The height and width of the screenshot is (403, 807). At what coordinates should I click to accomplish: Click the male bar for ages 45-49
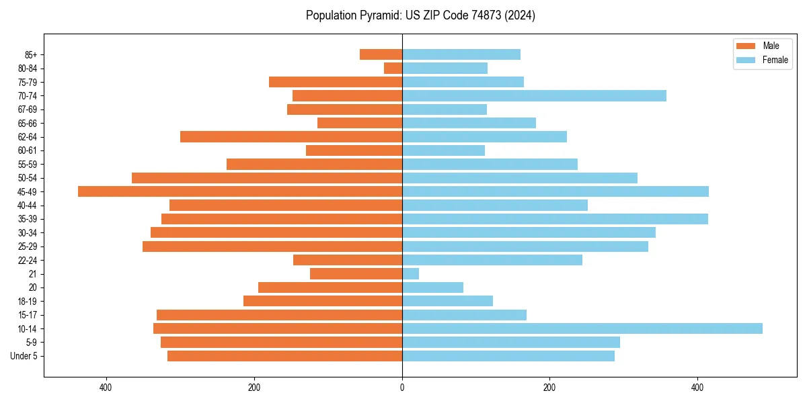(x=240, y=191)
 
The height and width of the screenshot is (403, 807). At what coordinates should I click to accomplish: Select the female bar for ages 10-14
(x=582, y=328)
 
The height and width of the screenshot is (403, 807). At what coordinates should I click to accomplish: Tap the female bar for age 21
(x=410, y=274)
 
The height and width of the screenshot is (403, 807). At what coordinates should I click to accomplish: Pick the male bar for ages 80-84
(x=393, y=69)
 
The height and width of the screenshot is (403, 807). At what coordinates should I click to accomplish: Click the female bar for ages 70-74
(x=534, y=96)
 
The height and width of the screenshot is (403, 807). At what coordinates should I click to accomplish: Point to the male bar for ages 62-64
(x=291, y=137)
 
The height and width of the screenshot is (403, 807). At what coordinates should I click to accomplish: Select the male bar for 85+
(x=381, y=54)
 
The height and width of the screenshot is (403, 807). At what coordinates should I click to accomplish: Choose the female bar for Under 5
(x=508, y=356)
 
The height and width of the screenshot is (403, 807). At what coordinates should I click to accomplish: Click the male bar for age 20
(x=330, y=287)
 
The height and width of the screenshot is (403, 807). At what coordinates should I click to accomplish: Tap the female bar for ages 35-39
(x=555, y=219)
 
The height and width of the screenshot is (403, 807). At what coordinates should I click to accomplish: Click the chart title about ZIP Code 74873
(x=420, y=15)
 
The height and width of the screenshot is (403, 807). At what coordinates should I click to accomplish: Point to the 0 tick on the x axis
(x=402, y=388)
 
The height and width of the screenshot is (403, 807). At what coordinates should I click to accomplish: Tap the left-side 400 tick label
(x=106, y=388)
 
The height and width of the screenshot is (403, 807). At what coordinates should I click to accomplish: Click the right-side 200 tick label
(x=549, y=388)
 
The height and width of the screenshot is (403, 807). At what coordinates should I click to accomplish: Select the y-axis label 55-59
(x=27, y=165)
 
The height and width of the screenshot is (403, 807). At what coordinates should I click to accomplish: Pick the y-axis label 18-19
(x=27, y=302)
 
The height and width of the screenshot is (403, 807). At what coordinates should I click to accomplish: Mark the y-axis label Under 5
(x=24, y=356)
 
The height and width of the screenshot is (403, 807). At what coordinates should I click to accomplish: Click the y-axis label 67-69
(x=27, y=109)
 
